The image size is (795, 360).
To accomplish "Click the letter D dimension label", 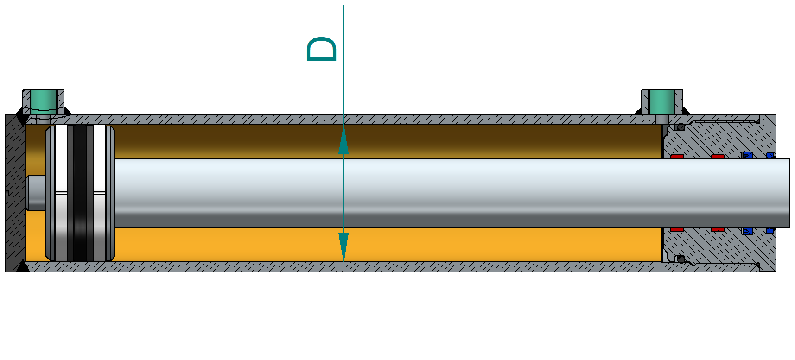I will pos(321,49).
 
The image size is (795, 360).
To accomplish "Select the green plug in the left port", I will pos(43,100).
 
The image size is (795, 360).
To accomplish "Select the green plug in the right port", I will pos(661,101).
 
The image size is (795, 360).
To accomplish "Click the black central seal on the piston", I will pos(80,192).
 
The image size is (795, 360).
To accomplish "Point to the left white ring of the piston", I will pos(61,192).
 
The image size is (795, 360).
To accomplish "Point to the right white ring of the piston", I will pos(99,192).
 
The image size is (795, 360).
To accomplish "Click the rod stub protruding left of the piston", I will pos(36,192).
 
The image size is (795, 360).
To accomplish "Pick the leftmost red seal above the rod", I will pos(677,157).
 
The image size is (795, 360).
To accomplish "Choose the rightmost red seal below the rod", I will pos(718,229).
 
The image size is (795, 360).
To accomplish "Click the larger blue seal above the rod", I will pos(747,155).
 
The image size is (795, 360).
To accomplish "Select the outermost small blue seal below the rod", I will pos(770,230).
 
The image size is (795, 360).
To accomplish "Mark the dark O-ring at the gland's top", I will pos(680,127).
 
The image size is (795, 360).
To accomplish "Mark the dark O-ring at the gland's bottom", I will pos(680,259).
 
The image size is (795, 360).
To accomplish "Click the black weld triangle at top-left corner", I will pos(21,120).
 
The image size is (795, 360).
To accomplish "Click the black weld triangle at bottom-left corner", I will pos(21,266).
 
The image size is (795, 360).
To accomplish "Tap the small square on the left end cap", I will pos(6,193).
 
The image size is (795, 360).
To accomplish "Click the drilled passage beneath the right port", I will pos(661,120).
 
